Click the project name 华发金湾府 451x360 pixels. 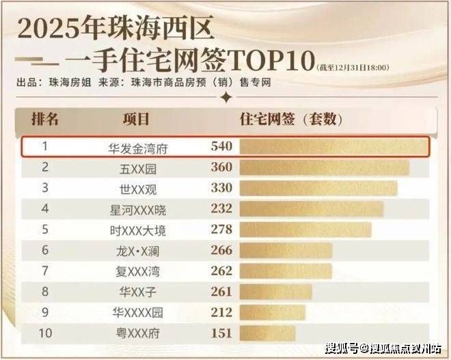pos(138,149)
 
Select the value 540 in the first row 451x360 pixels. pos(221,146)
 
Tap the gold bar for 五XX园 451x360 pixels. pos(325,167)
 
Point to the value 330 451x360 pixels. pos(221,188)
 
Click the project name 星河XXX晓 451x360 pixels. pos(138,210)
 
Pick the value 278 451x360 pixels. pos(221,229)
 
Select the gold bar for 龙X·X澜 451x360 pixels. pos(286,251)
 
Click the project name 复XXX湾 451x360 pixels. pos(138,272)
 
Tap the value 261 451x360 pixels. pos(221,292)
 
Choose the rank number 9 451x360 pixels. pos(45,312)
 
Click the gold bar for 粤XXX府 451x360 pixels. pos(267,333)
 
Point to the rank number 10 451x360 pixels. pos(46,333)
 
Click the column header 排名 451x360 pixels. pos(45,119)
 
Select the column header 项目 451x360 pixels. pos(136,119)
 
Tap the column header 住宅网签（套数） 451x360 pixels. pos(291,119)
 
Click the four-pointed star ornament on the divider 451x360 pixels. pos(227,97)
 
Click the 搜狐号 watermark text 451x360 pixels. pos(342,348)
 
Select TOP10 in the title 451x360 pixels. pos(272,60)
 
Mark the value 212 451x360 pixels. pos(221,312)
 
